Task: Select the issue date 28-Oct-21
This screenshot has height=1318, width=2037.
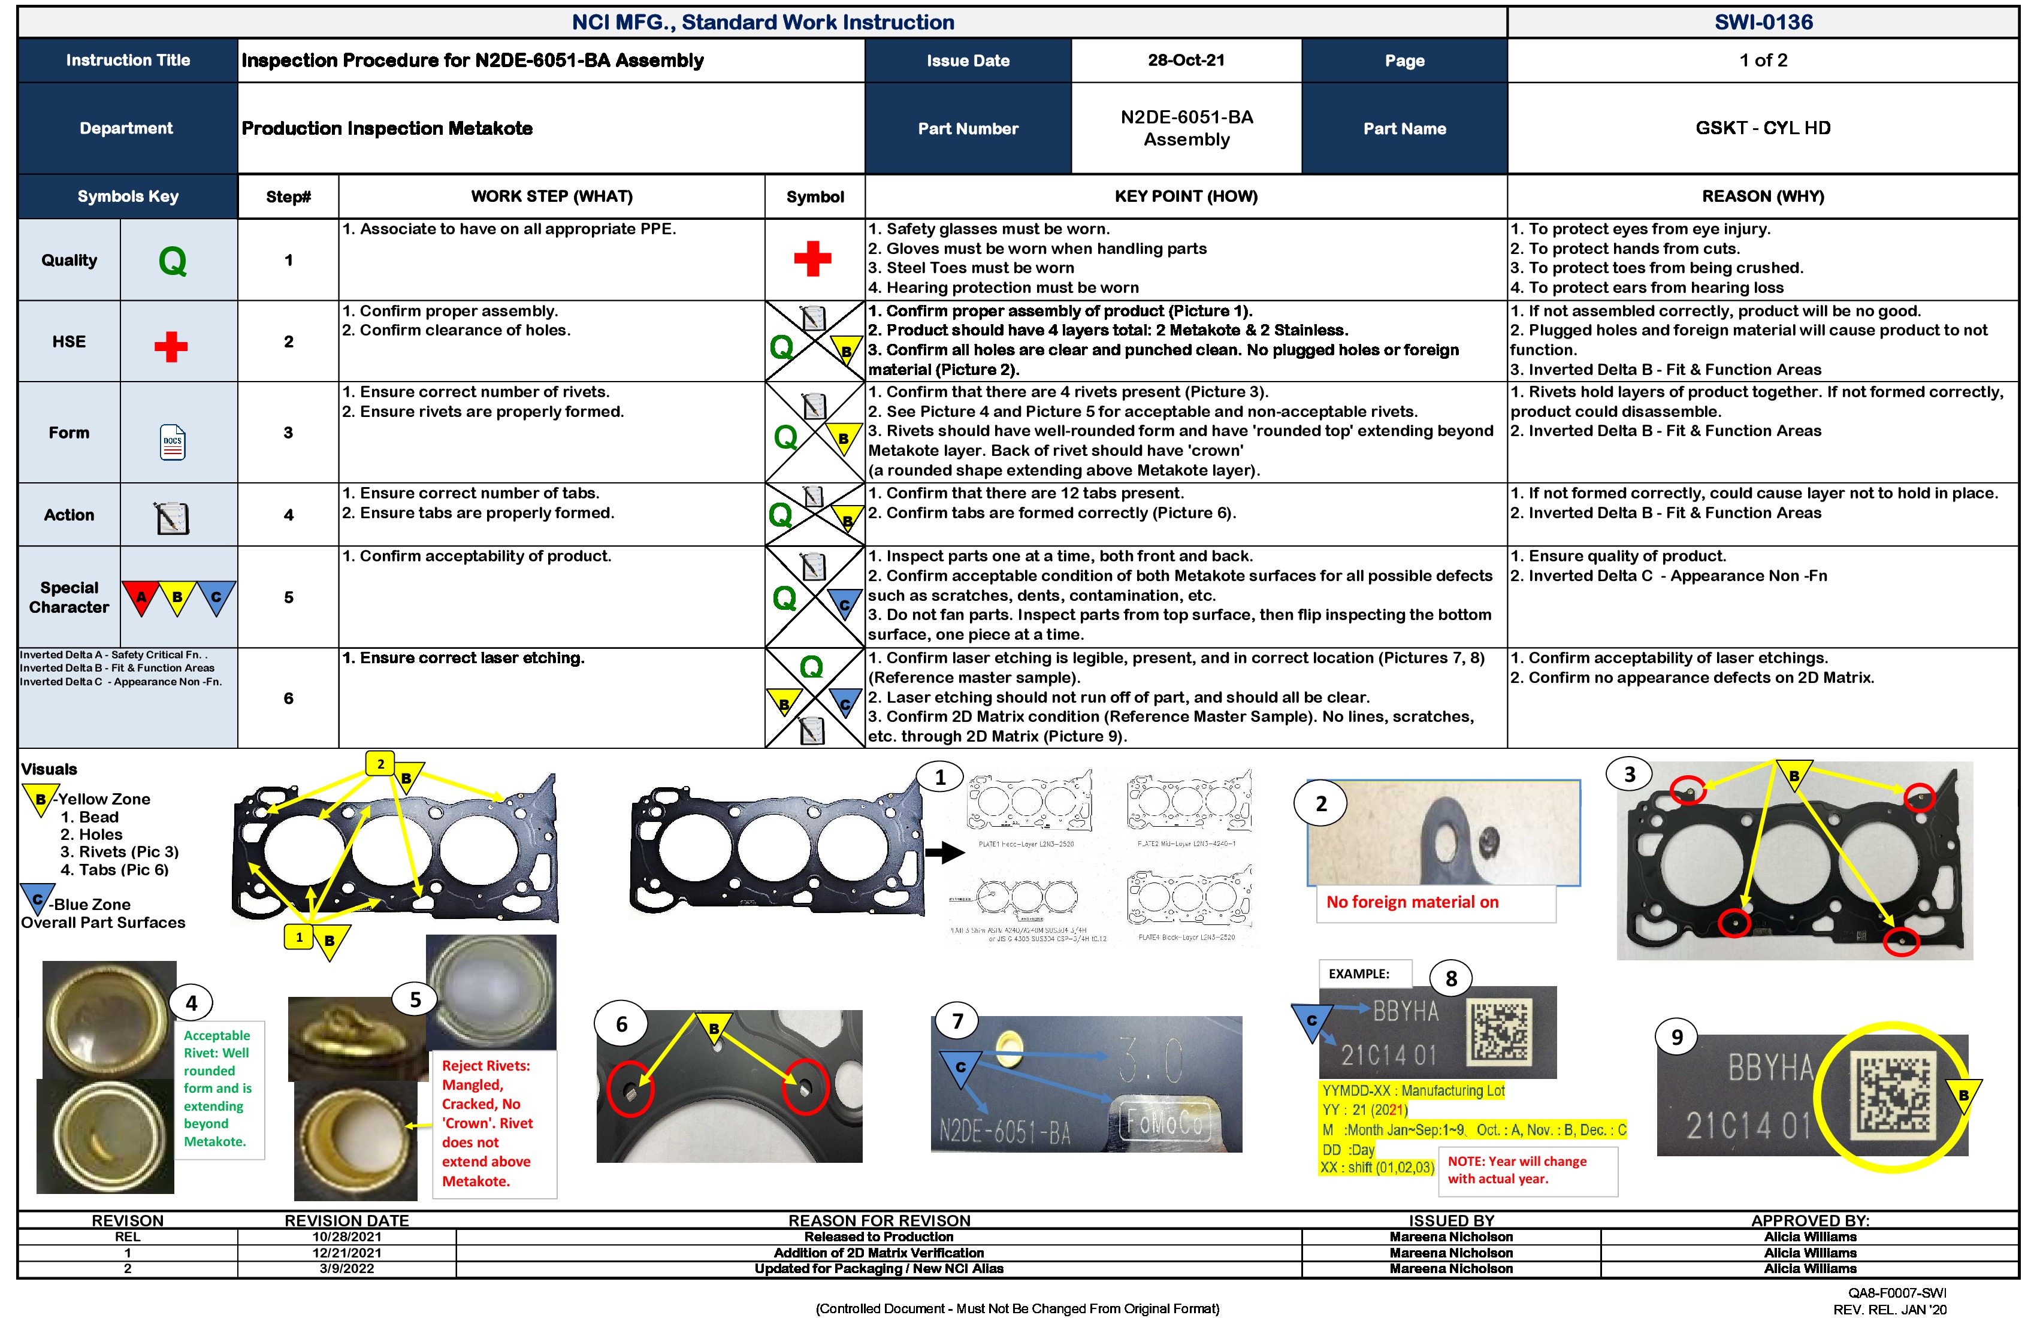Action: coord(1186,60)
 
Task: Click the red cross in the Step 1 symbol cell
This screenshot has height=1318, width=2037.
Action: coord(812,258)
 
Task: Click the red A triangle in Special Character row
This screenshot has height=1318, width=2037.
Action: coord(141,597)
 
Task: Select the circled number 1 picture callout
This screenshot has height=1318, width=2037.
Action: coord(940,777)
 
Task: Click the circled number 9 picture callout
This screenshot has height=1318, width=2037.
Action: coord(1677,1037)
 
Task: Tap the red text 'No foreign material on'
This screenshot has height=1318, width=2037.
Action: coord(1412,902)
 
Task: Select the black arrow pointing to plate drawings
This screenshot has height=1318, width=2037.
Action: coord(945,853)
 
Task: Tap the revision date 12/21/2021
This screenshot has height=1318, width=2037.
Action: coord(347,1253)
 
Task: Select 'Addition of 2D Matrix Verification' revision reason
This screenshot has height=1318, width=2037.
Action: coord(878,1253)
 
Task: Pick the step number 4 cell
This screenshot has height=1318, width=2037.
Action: coord(288,515)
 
